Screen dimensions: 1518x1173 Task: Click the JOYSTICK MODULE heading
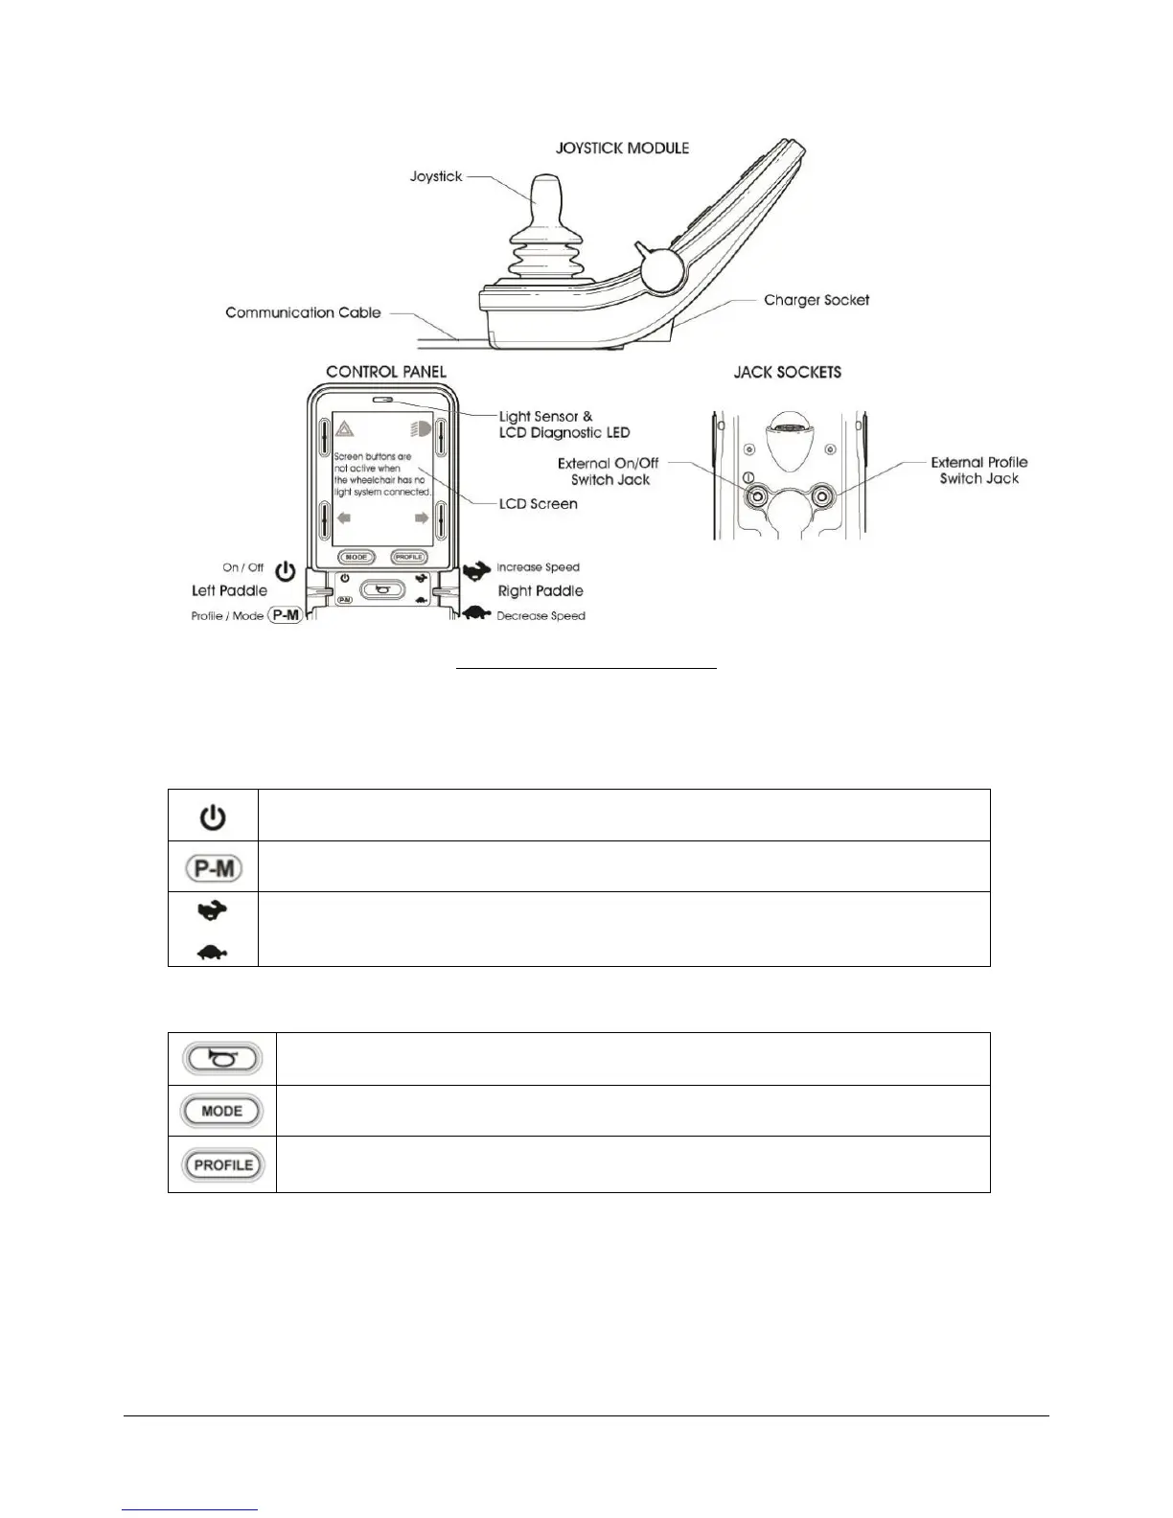623,149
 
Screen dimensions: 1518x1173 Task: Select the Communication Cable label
303,312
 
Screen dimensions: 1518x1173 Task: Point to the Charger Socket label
816,300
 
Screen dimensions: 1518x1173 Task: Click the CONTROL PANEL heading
385,372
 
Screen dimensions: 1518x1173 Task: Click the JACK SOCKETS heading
787,372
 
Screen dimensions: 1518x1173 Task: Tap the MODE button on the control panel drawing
356,557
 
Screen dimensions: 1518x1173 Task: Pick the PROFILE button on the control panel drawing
408,557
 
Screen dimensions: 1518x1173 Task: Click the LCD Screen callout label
538,503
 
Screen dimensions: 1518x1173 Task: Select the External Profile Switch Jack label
978,471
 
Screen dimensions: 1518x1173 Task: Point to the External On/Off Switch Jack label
609,471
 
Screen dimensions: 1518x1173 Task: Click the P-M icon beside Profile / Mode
286,616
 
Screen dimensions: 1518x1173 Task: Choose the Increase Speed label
538,567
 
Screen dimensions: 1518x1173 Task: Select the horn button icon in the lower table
221,1058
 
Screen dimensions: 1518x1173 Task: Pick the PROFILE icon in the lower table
222,1165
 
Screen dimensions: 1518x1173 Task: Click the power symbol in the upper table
213,817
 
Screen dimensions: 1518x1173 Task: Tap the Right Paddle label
540,591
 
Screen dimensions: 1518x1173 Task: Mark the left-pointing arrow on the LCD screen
344,518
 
